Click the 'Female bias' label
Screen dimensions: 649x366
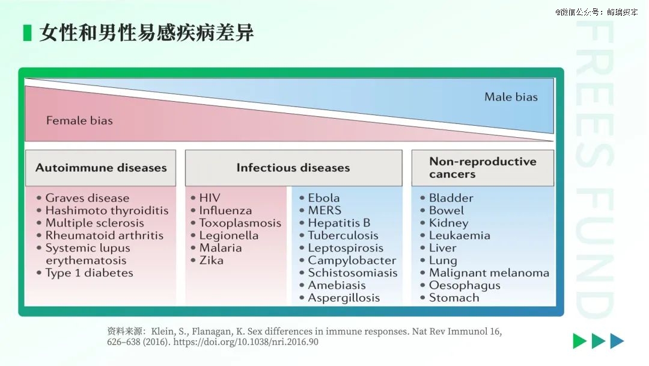click(x=79, y=120)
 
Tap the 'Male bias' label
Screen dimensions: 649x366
click(x=511, y=97)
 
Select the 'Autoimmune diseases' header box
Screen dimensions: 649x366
click(x=100, y=168)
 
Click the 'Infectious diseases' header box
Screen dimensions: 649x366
click(x=293, y=168)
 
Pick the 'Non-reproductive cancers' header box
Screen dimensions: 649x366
click(x=483, y=168)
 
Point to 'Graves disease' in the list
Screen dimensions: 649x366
click(x=87, y=198)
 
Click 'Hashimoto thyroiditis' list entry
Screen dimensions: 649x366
click(x=107, y=211)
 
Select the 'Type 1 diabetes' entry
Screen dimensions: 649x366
click(x=89, y=273)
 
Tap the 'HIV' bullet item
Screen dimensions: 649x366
click(x=210, y=198)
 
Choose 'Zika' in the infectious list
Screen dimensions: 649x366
click(x=211, y=260)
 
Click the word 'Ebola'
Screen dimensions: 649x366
click(x=324, y=198)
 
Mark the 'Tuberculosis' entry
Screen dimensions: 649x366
click(x=343, y=235)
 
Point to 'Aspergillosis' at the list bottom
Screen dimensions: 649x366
click(x=344, y=298)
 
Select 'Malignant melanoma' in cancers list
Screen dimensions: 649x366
click(x=489, y=273)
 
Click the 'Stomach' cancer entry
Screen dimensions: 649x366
click(x=454, y=297)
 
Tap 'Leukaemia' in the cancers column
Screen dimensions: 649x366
click(x=460, y=235)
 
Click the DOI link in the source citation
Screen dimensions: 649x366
click(x=246, y=342)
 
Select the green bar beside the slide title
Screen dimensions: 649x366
click(x=27, y=33)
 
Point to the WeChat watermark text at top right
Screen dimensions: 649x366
click(x=597, y=12)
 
